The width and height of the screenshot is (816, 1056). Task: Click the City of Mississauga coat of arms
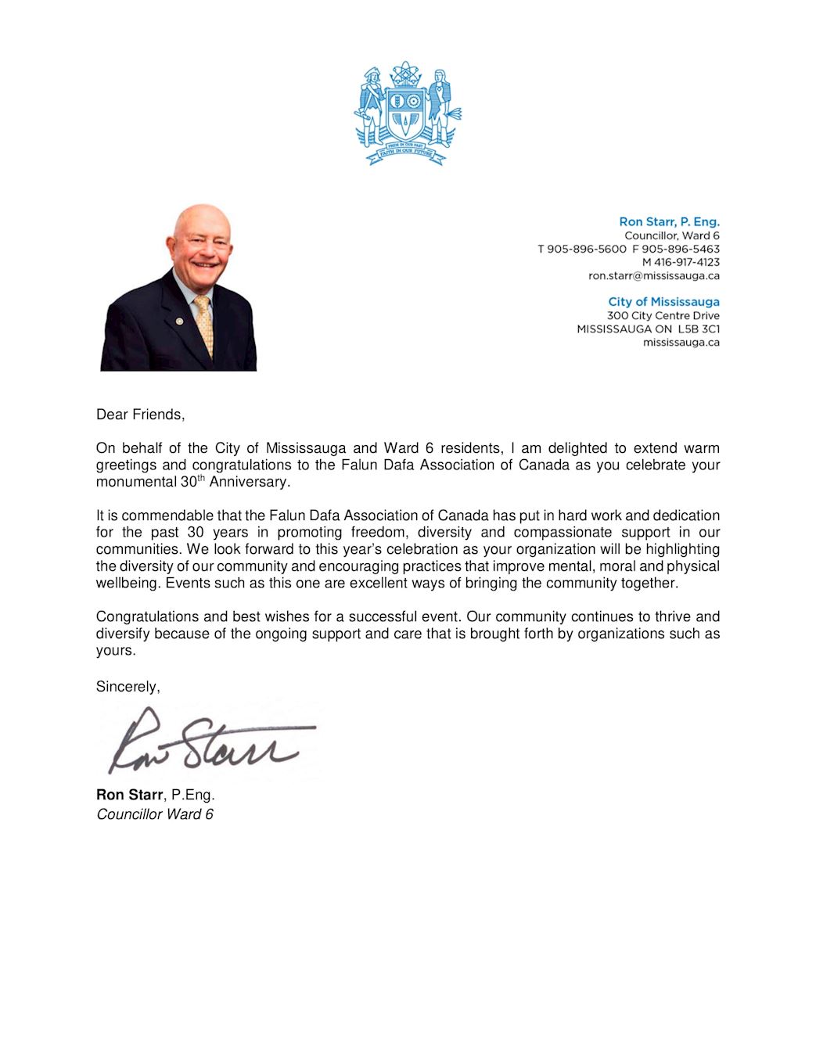[x=407, y=113]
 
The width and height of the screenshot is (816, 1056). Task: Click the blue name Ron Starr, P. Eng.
[x=669, y=222]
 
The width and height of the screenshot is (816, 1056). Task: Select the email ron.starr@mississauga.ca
[x=653, y=275]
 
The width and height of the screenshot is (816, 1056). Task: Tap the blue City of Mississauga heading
[x=663, y=302]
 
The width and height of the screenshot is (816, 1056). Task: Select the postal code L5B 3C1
[x=699, y=329]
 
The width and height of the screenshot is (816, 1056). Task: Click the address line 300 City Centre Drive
[x=663, y=316]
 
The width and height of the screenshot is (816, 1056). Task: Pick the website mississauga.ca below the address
[x=681, y=343]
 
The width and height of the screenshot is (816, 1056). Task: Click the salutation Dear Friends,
[x=140, y=415]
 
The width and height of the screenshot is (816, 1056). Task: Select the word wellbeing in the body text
[x=128, y=584]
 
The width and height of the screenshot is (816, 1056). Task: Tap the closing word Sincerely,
[x=128, y=687]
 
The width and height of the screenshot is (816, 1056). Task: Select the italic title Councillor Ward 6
[x=154, y=814]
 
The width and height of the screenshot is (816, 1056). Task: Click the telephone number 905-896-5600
[x=586, y=249]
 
